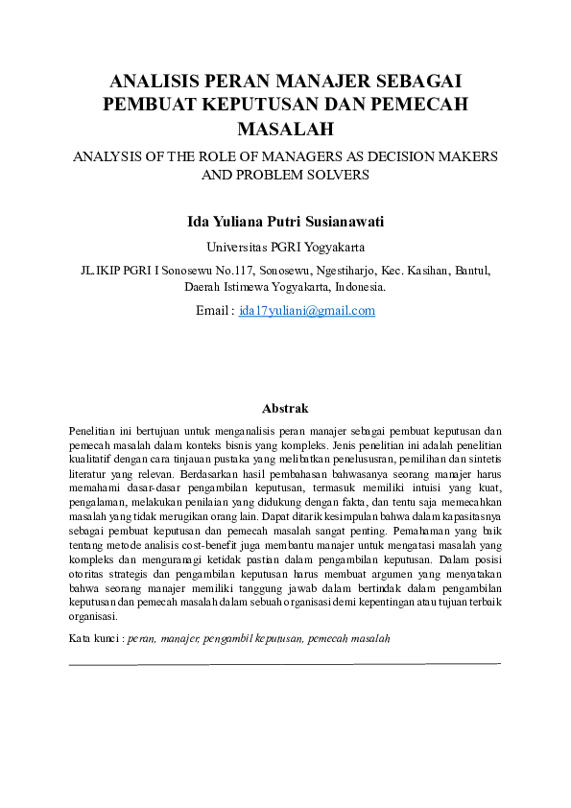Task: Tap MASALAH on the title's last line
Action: (285, 128)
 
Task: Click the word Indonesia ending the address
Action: (361, 286)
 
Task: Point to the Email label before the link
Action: (212, 310)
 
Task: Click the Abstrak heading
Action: (285, 408)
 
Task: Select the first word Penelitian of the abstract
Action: (94, 431)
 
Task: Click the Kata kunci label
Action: (94, 637)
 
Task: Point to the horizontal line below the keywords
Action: (285, 662)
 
